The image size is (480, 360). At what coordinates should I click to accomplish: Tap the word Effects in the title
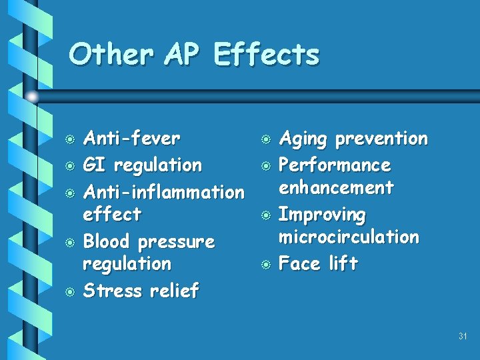pyautogui.click(x=267, y=55)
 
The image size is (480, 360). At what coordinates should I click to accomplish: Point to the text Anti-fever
pyautogui.click(x=131, y=139)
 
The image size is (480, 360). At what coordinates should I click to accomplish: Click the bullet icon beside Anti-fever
pyautogui.click(x=69, y=140)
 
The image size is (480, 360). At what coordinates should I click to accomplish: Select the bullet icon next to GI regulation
pyautogui.click(x=69, y=166)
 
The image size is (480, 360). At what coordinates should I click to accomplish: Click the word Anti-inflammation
pyautogui.click(x=163, y=192)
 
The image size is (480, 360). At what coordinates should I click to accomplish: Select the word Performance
pyautogui.click(x=335, y=165)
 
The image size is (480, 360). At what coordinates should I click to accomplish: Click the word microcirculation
pyautogui.click(x=349, y=237)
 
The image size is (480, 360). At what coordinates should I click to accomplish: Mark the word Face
pyautogui.click(x=299, y=263)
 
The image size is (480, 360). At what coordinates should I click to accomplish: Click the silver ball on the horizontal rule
pyautogui.click(x=32, y=97)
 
